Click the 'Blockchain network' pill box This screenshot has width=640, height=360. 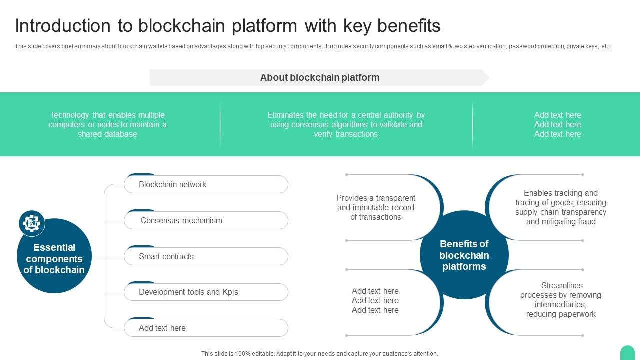pyautogui.click(x=206, y=184)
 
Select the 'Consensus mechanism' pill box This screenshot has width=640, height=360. pyautogui.click(x=206, y=220)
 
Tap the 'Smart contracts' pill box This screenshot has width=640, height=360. pyautogui.click(x=206, y=256)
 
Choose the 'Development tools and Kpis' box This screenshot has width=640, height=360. pyautogui.click(x=206, y=292)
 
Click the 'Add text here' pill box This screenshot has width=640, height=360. pyautogui.click(x=206, y=328)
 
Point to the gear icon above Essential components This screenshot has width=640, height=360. pyautogui.click(x=32, y=223)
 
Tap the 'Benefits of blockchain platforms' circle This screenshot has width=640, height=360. pyautogui.click(x=464, y=255)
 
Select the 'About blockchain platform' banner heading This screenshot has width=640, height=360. pyautogui.click(x=320, y=78)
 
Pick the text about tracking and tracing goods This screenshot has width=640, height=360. pyautogui.click(x=561, y=207)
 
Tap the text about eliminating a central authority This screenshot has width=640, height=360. pyautogui.click(x=346, y=124)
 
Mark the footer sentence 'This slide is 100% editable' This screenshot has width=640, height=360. pyautogui.click(x=320, y=354)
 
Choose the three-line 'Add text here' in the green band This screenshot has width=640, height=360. pyautogui.click(x=557, y=124)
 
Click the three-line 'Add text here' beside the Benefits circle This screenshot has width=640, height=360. pyautogui.click(x=375, y=300)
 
